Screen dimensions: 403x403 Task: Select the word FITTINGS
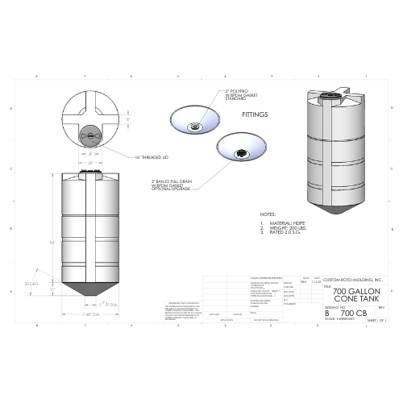256,114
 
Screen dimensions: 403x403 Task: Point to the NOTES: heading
268,214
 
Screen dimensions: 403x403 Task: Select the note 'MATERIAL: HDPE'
280,222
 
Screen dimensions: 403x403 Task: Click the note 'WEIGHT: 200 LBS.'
281,227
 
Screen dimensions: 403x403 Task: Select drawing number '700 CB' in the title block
351,311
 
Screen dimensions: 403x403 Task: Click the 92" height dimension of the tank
52,242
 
